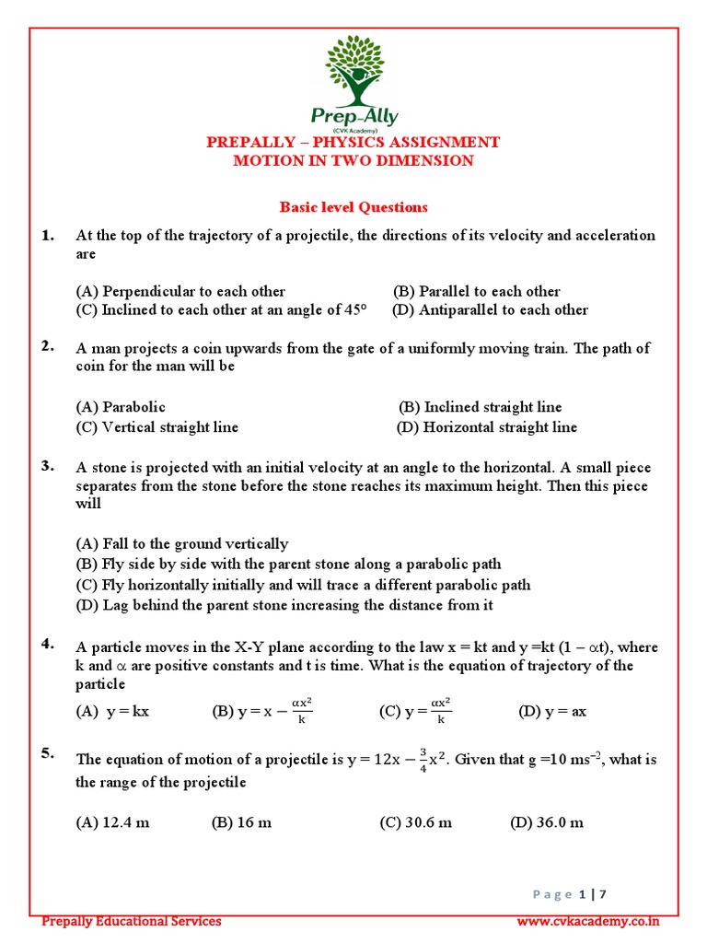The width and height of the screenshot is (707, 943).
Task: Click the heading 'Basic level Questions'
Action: coord(353,207)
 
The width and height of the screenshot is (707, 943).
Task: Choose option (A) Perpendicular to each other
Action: coord(180,291)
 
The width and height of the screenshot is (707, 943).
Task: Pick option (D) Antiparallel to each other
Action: coord(490,310)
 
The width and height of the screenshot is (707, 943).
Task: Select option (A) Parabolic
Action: coord(121,407)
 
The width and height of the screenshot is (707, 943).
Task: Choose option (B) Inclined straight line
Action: coord(480,407)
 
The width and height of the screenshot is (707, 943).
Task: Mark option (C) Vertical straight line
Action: coord(157,427)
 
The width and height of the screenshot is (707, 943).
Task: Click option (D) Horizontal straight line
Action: coord(487,427)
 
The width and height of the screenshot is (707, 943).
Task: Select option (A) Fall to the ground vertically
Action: coord(182,543)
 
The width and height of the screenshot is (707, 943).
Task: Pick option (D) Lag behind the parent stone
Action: coord(284,605)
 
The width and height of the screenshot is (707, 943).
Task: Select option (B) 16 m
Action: coord(241,822)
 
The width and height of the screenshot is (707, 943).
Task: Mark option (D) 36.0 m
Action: coord(547,822)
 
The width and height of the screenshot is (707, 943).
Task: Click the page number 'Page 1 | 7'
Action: coord(583,893)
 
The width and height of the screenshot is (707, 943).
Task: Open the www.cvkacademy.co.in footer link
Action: coord(587,921)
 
